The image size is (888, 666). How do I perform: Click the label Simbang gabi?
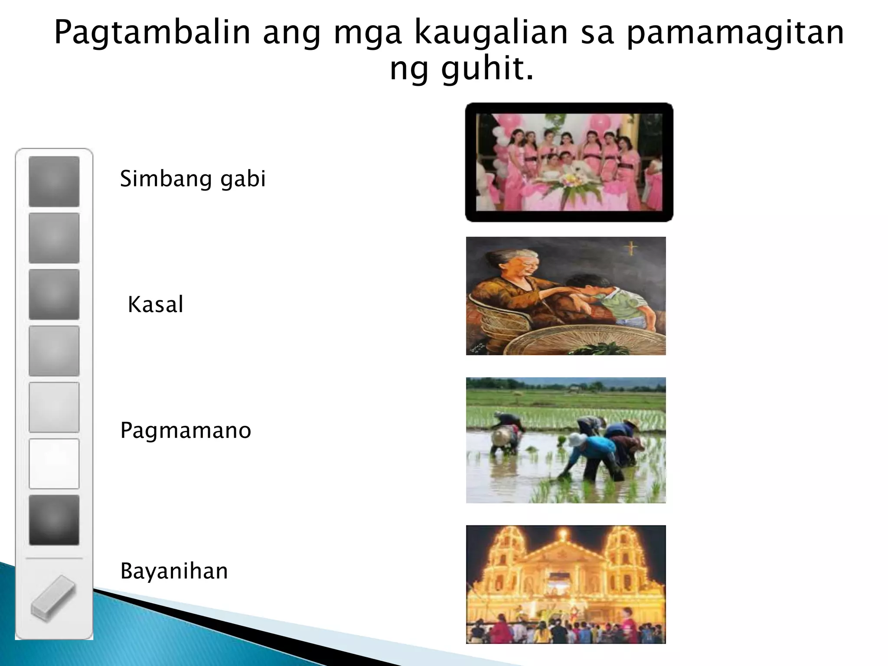click(193, 179)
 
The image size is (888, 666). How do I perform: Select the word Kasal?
click(155, 304)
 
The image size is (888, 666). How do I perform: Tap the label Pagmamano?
click(186, 431)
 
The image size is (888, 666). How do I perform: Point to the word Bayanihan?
click(174, 571)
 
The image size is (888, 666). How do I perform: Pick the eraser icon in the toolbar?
click(53, 598)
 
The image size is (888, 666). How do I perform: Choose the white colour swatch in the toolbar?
click(54, 464)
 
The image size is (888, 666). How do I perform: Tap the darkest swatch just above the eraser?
click(54, 520)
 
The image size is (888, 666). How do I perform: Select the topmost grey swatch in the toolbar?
click(54, 181)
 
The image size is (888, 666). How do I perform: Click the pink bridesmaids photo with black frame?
click(569, 162)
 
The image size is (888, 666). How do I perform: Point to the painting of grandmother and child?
click(565, 296)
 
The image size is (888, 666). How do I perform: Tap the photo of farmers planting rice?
click(565, 440)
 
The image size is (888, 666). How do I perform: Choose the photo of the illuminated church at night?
click(565, 584)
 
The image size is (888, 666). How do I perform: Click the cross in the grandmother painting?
click(631, 248)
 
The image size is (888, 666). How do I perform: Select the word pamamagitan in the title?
click(735, 33)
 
